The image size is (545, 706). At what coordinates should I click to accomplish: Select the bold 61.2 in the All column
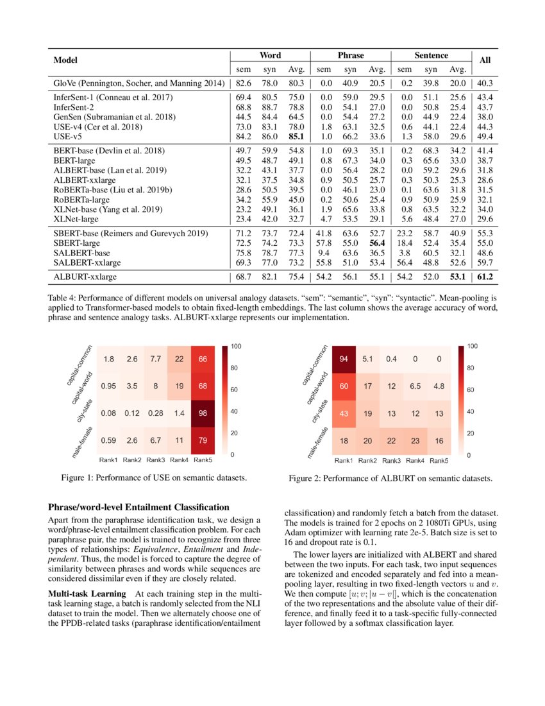[485, 277]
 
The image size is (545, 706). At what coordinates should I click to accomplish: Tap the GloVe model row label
[138, 83]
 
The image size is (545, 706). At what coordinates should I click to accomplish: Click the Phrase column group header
[351, 56]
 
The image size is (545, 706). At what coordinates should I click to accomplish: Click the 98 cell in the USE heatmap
[204, 413]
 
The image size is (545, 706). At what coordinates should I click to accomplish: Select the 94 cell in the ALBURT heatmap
[344, 359]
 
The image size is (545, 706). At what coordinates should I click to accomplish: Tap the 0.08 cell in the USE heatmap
[108, 413]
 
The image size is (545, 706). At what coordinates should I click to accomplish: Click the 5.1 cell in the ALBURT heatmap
[368, 359]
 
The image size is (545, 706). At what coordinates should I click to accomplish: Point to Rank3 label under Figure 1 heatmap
[156, 460]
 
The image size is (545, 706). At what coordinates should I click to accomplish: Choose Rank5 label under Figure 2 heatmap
[439, 461]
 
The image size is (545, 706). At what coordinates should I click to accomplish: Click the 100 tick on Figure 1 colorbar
[236, 347]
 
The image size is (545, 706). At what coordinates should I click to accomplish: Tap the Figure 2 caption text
[390, 479]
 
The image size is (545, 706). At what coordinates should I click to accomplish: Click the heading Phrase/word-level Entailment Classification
[138, 507]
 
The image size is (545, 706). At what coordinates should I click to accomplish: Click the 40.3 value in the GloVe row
[485, 83]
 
